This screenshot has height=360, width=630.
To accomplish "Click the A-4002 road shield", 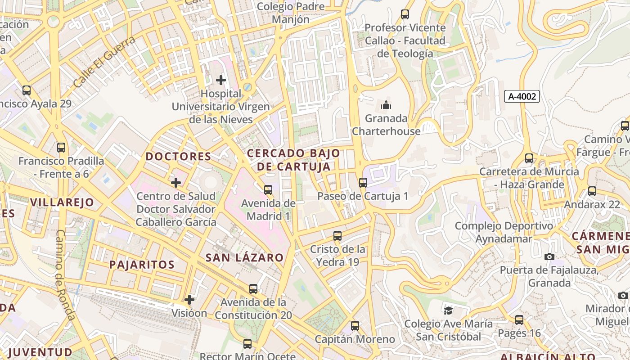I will (x=522, y=96).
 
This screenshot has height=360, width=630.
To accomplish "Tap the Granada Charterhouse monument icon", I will (x=386, y=105).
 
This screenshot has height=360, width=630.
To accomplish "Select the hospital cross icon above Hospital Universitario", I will (x=221, y=80).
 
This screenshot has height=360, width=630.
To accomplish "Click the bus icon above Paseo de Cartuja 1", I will (x=363, y=182).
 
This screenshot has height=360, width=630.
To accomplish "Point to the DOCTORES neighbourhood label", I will (x=178, y=157).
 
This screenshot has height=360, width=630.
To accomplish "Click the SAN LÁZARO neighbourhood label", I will (x=244, y=258).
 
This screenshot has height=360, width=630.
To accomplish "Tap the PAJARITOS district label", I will (x=142, y=265).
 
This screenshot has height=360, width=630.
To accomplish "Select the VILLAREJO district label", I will (x=62, y=202).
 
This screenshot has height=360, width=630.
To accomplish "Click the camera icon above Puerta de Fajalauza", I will (x=549, y=256).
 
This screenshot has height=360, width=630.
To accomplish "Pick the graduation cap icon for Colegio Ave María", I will (x=448, y=310).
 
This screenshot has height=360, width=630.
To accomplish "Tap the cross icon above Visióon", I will (x=189, y=299).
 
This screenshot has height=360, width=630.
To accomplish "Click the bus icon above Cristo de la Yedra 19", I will (x=337, y=235).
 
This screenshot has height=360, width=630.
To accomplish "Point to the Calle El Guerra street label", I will (x=104, y=62).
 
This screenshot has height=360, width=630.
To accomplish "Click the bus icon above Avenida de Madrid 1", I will (x=268, y=189).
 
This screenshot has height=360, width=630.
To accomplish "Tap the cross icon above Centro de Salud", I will (x=176, y=182).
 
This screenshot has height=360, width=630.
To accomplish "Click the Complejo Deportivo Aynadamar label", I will (x=504, y=232).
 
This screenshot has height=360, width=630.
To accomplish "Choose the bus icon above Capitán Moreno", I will (x=355, y=325).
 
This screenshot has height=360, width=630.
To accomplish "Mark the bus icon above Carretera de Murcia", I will (x=529, y=158).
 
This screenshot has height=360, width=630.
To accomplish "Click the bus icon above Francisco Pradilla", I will (x=61, y=147).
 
